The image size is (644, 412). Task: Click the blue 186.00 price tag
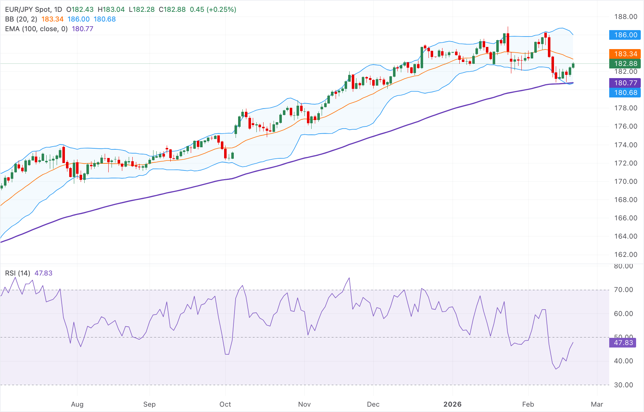click(x=625, y=35)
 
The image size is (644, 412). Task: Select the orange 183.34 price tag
click(x=625, y=54)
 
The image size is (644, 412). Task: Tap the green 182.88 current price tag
click(x=625, y=63)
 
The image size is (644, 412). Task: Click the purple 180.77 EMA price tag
click(x=625, y=83)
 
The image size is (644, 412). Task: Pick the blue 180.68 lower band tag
click(x=625, y=92)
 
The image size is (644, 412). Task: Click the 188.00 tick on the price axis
click(x=625, y=16)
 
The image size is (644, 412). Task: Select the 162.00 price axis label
click(x=625, y=254)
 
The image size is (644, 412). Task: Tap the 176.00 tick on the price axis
click(x=625, y=126)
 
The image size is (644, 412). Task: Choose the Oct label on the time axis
click(x=225, y=404)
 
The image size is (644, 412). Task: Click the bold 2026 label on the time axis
click(x=452, y=404)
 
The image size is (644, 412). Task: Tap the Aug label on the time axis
click(x=77, y=404)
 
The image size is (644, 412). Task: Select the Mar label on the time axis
click(x=597, y=404)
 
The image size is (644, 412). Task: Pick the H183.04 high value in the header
click(x=111, y=10)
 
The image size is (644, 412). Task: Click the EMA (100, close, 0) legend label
click(x=36, y=29)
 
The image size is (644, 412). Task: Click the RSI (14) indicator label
click(x=18, y=273)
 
